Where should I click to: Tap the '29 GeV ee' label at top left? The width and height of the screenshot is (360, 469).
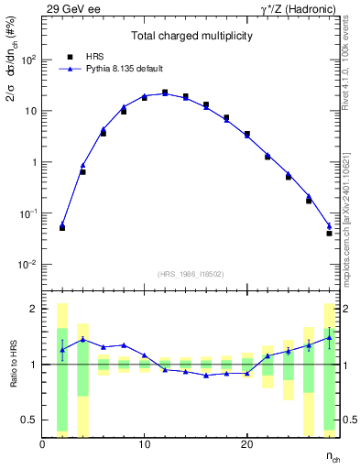65,7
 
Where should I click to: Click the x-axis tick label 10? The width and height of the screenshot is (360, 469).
144,445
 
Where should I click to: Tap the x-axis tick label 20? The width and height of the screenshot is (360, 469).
246,445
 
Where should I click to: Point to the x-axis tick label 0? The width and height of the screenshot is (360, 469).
42,445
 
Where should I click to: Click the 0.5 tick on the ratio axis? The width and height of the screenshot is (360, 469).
29,420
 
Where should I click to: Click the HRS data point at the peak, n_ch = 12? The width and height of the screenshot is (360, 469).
165,93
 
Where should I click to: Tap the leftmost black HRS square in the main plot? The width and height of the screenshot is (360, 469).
62,227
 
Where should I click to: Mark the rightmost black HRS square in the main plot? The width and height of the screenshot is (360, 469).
329,234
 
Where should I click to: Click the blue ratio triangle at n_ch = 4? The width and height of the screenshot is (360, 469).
82,339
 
